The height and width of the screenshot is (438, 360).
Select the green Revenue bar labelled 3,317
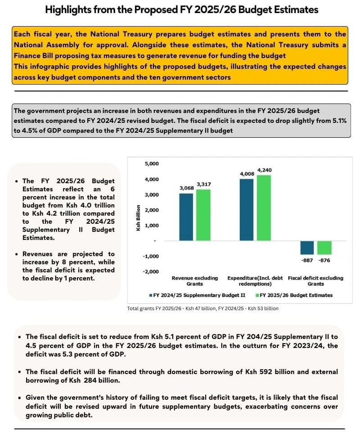[x=203, y=215]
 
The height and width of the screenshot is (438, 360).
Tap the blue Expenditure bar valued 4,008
[x=247, y=210]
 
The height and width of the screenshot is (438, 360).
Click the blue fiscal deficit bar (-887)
[x=307, y=248]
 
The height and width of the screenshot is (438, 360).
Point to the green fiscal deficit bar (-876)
[x=324, y=248]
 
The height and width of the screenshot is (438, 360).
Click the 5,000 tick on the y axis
[x=152, y=164]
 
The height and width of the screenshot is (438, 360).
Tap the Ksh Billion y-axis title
[x=139, y=219]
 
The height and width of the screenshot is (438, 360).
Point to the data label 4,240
[x=265, y=170]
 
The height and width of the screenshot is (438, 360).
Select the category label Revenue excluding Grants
[x=195, y=281]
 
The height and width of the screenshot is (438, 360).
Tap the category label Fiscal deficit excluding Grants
[x=315, y=281]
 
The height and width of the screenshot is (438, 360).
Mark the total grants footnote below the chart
[x=203, y=308]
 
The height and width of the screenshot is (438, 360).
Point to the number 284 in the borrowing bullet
[x=88, y=381]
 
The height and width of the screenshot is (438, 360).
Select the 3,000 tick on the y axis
[x=152, y=195]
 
